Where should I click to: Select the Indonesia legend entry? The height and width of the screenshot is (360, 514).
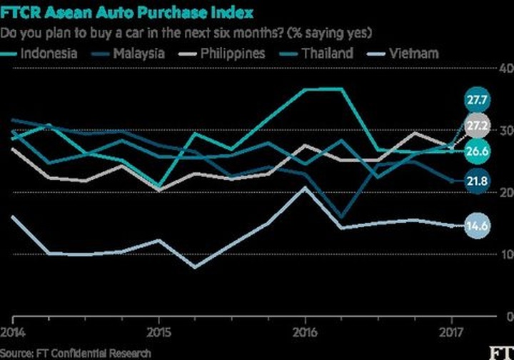point(48,53)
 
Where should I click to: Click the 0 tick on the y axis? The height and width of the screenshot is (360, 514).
point(507,316)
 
